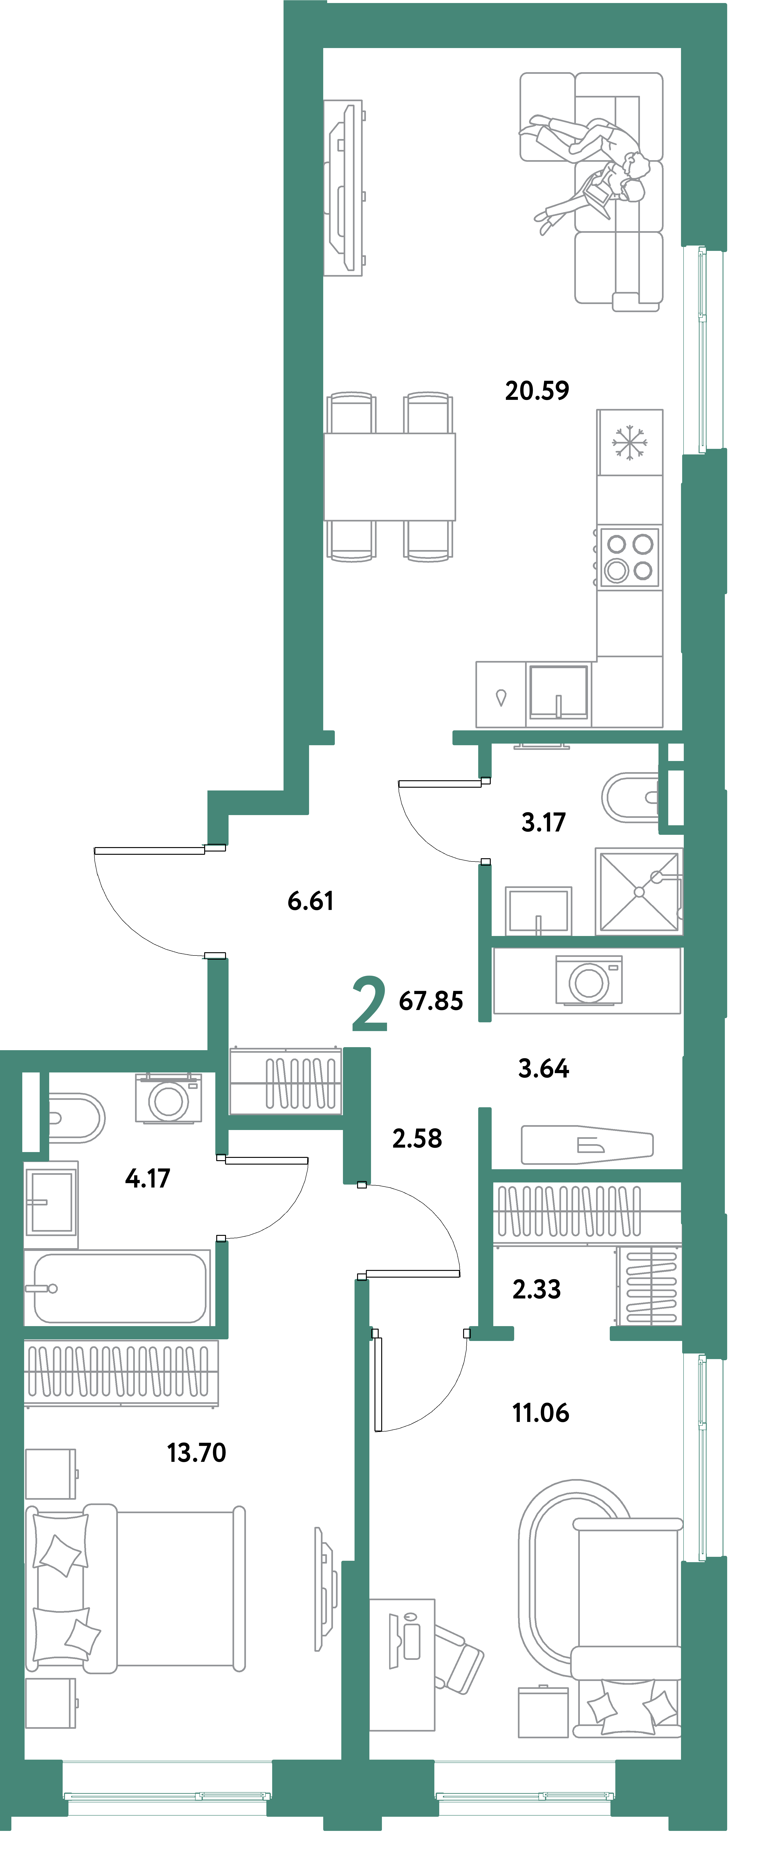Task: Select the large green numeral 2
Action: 370,1004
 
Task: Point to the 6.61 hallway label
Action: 310,901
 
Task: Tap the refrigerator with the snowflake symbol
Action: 629,442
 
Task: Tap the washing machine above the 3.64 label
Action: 589,981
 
